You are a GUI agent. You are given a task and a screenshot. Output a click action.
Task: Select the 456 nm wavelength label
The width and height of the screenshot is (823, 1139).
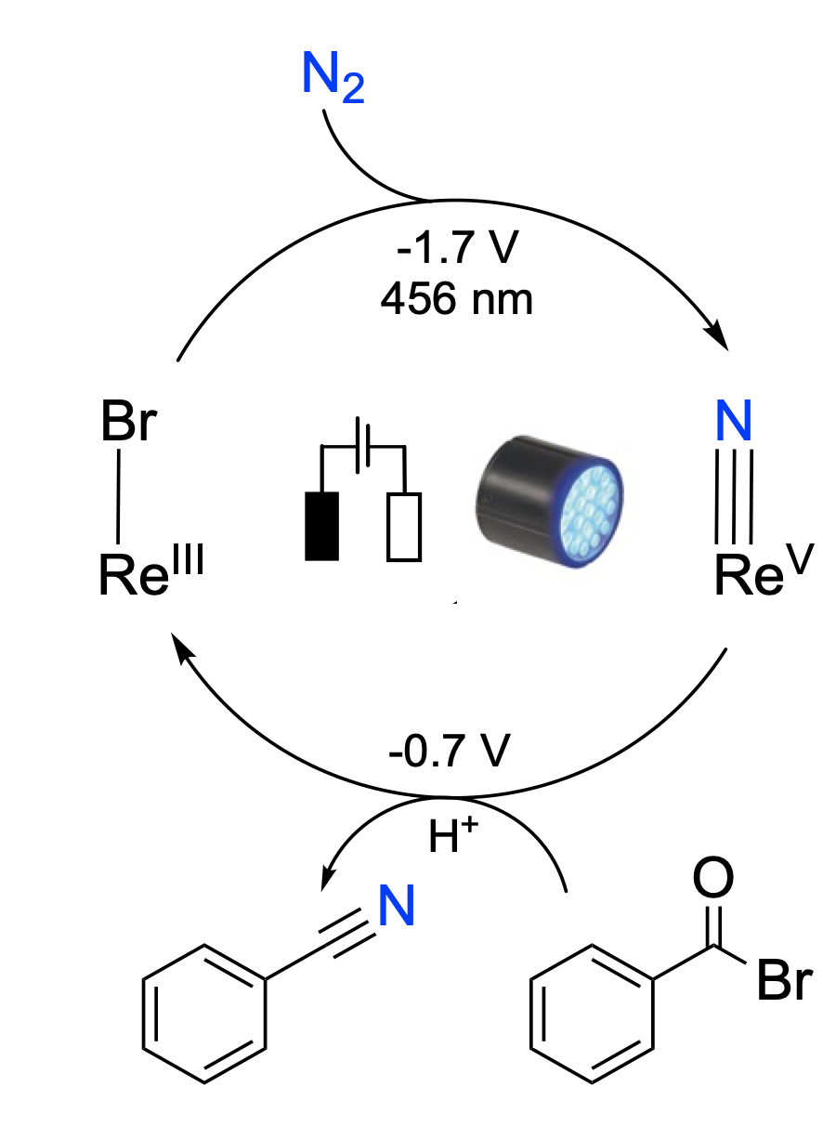(x=458, y=299)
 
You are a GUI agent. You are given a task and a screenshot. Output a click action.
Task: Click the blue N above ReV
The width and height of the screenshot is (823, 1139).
(x=734, y=424)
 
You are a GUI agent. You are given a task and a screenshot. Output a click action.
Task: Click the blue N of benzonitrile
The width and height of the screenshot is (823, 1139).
(x=395, y=907)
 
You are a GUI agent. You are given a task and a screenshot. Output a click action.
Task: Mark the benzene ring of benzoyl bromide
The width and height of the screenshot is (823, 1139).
(x=593, y=1015)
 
